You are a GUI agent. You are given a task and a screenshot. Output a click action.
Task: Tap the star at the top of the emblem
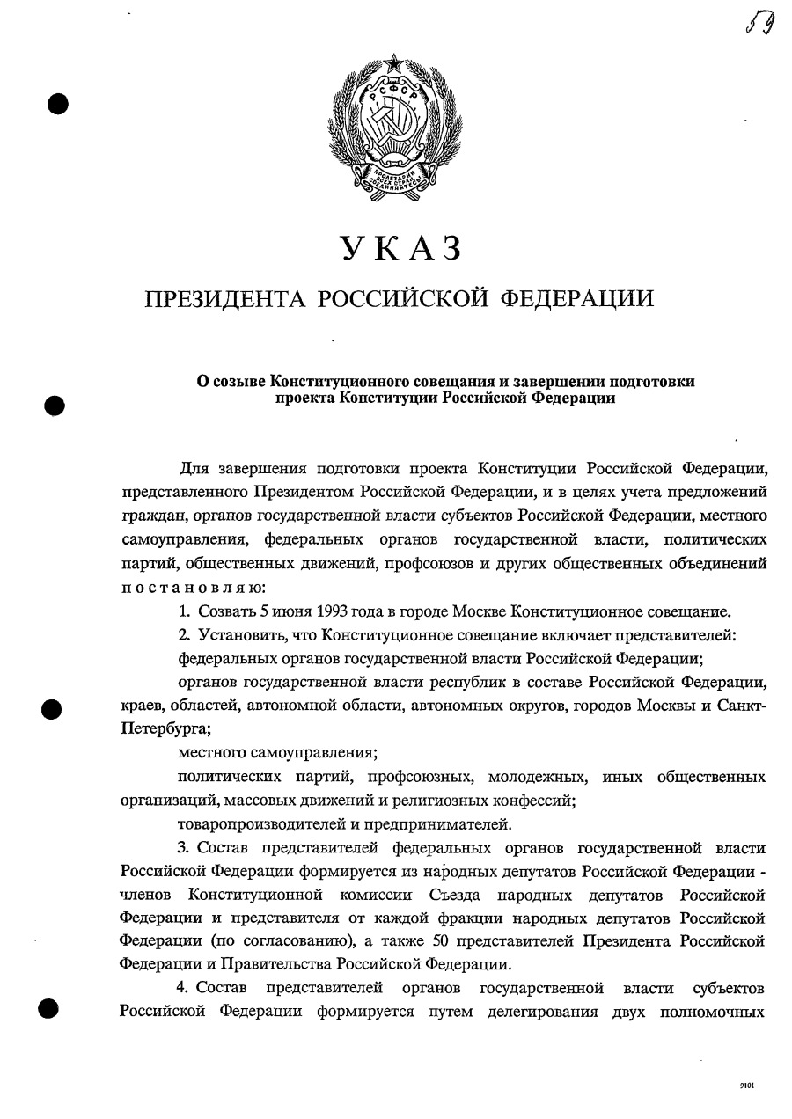393,62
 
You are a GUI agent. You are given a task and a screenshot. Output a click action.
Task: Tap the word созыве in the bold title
238,381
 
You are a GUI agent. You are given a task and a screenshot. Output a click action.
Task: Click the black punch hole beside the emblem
57,104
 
